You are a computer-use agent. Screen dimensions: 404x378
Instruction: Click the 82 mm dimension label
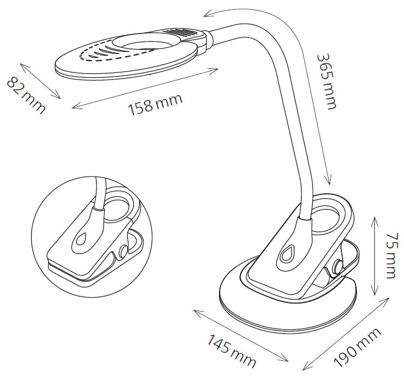[x=25, y=94]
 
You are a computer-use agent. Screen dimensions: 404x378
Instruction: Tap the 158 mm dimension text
[x=156, y=104]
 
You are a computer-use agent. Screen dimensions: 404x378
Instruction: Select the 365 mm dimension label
[x=326, y=82]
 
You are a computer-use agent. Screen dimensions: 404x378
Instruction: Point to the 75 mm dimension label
[x=392, y=255]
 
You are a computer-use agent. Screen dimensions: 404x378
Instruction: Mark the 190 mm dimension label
[x=358, y=347]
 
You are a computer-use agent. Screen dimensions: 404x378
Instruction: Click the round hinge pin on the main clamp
[x=338, y=267]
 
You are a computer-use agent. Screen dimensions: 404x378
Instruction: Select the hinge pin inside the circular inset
[x=124, y=251]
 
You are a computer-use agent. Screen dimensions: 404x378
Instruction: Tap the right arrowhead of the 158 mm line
[x=215, y=70]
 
